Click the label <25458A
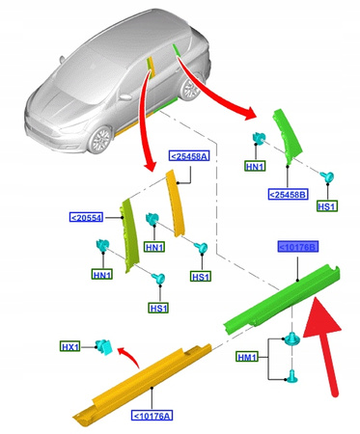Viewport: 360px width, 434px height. pyautogui.click(x=187, y=155)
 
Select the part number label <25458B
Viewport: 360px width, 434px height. pyautogui.click(x=289, y=194)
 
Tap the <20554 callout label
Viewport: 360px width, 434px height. pyautogui.click(x=88, y=218)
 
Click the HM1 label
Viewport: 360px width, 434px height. pyautogui.click(x=249, y=357)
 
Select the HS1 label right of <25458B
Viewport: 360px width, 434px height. pyautogui.click(x=326, y=205)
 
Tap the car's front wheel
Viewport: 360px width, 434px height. pyautogui.click(x=102, y=142)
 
